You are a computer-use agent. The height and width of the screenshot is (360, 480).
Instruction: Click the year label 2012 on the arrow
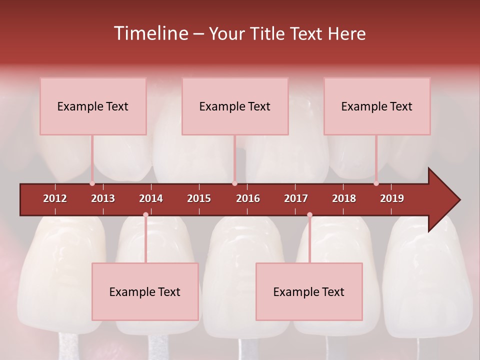pos(55,198)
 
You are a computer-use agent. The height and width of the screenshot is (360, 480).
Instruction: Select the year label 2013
pos(103,198)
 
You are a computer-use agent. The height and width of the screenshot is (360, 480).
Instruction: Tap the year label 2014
pos(151,198)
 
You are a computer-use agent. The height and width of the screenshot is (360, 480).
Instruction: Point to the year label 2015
pos(199,198)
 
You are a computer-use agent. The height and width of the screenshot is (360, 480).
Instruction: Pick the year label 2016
pos(248,198)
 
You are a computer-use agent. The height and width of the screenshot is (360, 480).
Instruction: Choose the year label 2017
pos(296,198)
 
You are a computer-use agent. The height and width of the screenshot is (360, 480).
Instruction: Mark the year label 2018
pos(344,198)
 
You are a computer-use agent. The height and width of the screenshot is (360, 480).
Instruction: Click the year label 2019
pos(392,198)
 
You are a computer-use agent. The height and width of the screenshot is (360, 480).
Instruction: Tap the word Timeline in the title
pos(150,33)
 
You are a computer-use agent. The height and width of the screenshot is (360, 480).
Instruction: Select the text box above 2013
pos(93,106)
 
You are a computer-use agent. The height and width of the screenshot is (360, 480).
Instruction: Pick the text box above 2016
pos(235,106)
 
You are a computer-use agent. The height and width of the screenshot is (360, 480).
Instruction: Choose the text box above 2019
pos(377,106)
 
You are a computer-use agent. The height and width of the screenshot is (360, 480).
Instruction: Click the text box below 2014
pos(145,291)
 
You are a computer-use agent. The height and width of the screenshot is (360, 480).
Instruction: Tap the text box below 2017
pos(309,291)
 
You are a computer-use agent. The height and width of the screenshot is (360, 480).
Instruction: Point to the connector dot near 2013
pos(92,183)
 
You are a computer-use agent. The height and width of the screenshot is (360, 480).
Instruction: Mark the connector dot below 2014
pos(145,215)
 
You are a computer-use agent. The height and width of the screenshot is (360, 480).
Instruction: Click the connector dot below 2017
pos(309,215)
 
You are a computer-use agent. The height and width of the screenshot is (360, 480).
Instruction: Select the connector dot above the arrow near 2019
pos(376,183)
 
